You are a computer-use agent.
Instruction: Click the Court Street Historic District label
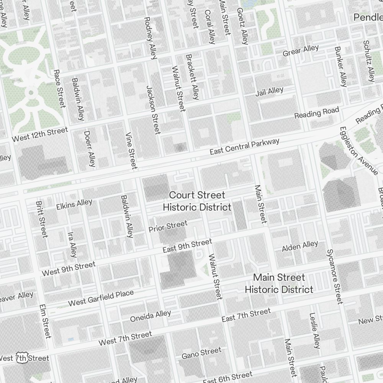pos(197,201)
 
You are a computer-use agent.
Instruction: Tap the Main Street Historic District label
pos(279,283)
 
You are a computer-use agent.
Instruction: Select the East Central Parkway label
pos(244,147)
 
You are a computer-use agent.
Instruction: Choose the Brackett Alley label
pos(192,77)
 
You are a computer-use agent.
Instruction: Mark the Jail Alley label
pos(270,92)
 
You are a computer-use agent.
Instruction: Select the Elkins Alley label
pos(74,204)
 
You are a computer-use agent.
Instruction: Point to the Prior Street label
pos(168,226)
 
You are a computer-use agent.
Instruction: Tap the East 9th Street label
pos(187,246)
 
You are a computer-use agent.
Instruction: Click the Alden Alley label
pos(300,247)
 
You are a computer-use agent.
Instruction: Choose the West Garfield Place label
pos(101,298)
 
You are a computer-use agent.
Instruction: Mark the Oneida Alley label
pos(151,316)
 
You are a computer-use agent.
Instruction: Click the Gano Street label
pos(201,353)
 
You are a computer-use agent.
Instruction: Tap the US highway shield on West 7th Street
pos(22,357)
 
